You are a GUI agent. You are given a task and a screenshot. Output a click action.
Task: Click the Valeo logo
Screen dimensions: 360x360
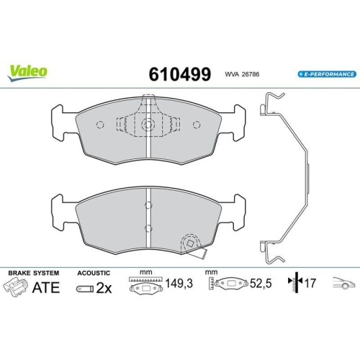tap(28, 70)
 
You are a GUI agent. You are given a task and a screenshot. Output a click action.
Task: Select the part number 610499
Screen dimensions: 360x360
tap(179, 73)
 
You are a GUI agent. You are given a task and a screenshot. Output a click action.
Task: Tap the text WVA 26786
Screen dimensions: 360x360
tap(242, 74)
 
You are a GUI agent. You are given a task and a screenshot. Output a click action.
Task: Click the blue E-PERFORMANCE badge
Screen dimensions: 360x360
tap(325, 74)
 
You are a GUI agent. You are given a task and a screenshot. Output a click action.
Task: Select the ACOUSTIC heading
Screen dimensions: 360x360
tap(93, 274)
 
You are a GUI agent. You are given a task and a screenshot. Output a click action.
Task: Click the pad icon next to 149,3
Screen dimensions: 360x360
tap(143, 288)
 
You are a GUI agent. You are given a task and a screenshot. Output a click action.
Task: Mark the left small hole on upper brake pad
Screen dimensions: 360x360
tap(100, 125)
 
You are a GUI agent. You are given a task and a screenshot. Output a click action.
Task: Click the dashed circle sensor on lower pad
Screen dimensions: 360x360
tap(191, 243)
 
